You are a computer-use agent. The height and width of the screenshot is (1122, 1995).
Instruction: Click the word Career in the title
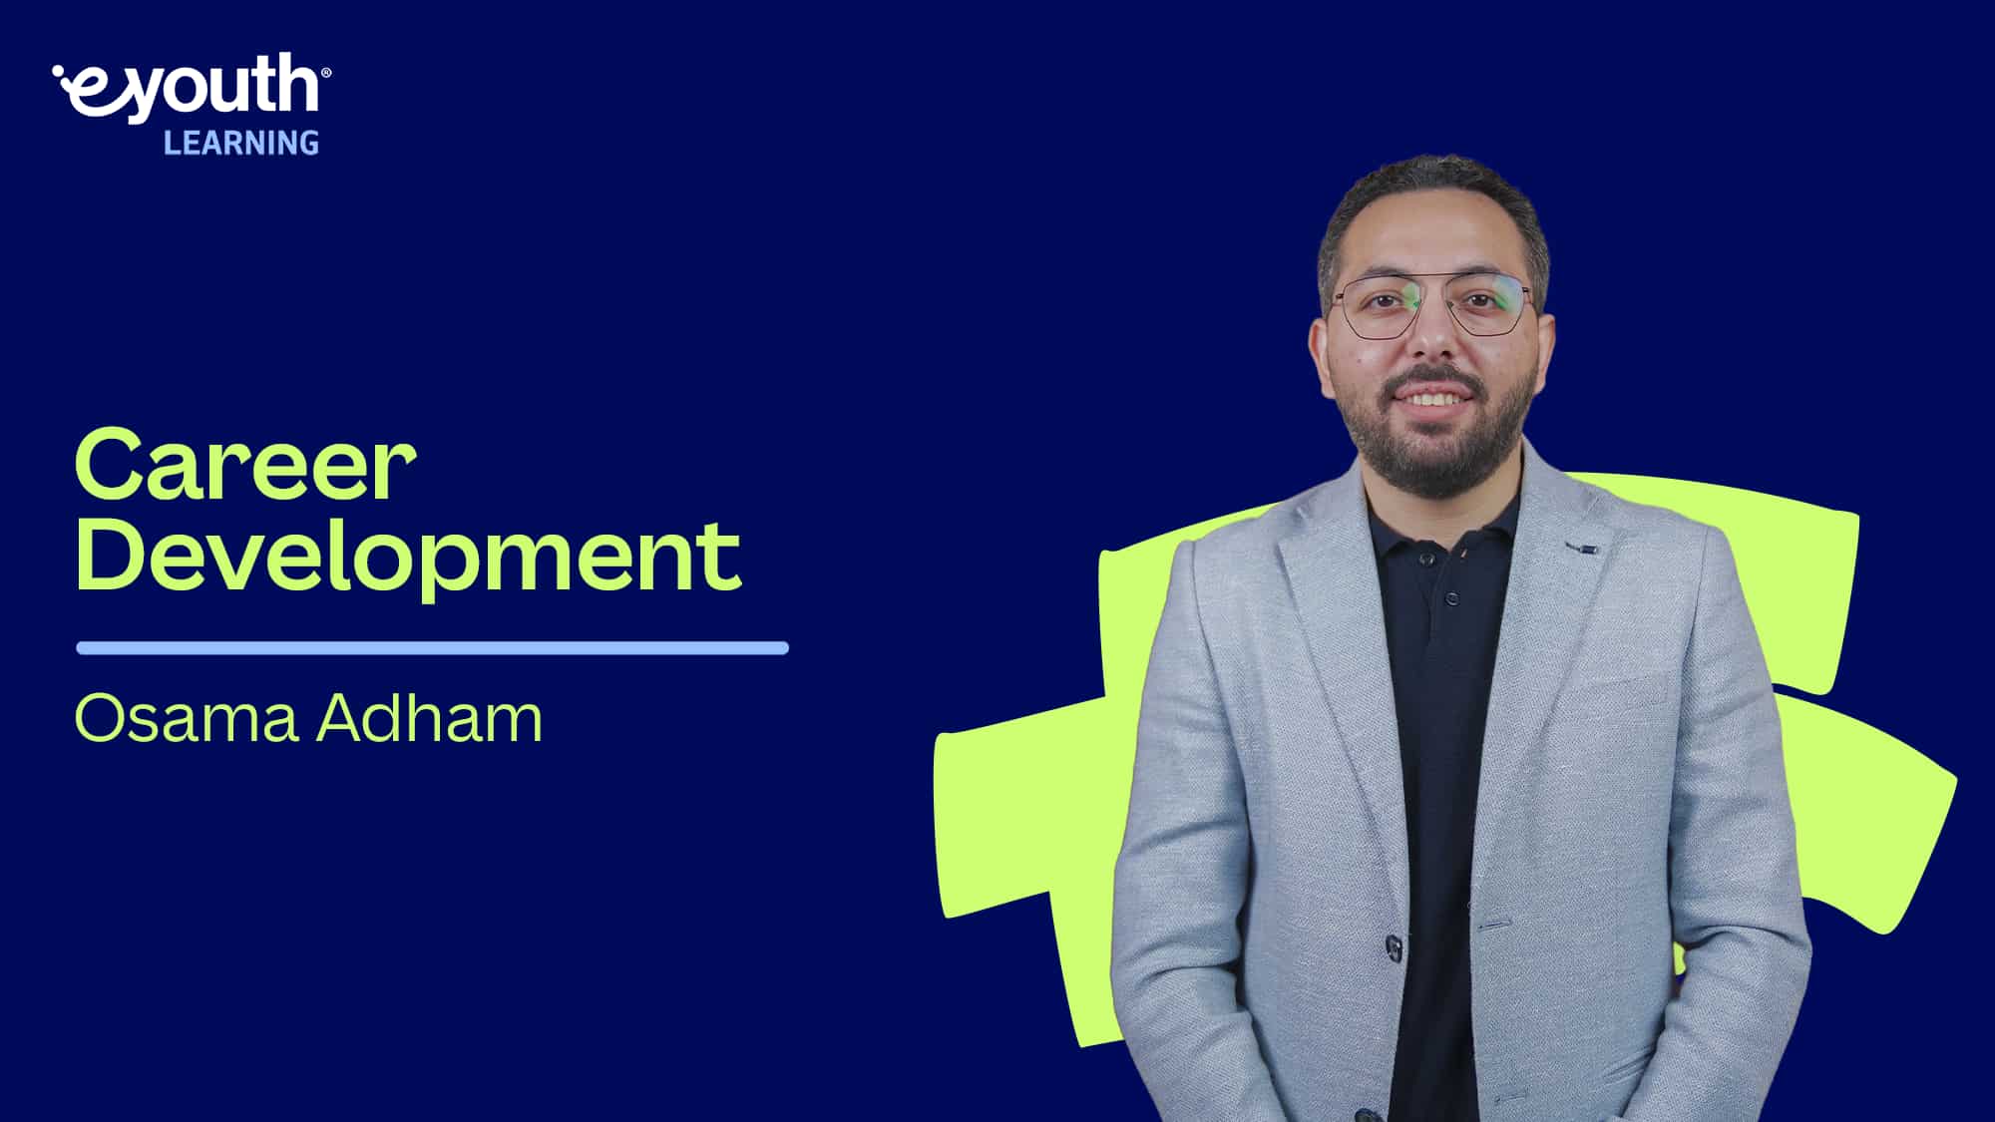244,467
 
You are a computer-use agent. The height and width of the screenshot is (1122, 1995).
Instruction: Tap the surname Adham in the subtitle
430,718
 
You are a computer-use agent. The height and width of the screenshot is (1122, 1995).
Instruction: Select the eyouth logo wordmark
191,88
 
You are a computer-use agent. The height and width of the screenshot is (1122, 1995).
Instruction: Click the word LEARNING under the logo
241,144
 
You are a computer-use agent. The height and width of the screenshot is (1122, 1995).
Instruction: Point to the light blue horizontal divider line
432,648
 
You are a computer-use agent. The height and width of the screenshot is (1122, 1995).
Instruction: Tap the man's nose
1431,339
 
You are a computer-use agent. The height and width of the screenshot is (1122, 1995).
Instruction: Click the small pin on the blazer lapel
1582,548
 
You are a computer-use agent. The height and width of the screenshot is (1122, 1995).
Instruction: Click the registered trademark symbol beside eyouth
327,72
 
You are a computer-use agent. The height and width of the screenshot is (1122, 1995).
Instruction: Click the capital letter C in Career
110,467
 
